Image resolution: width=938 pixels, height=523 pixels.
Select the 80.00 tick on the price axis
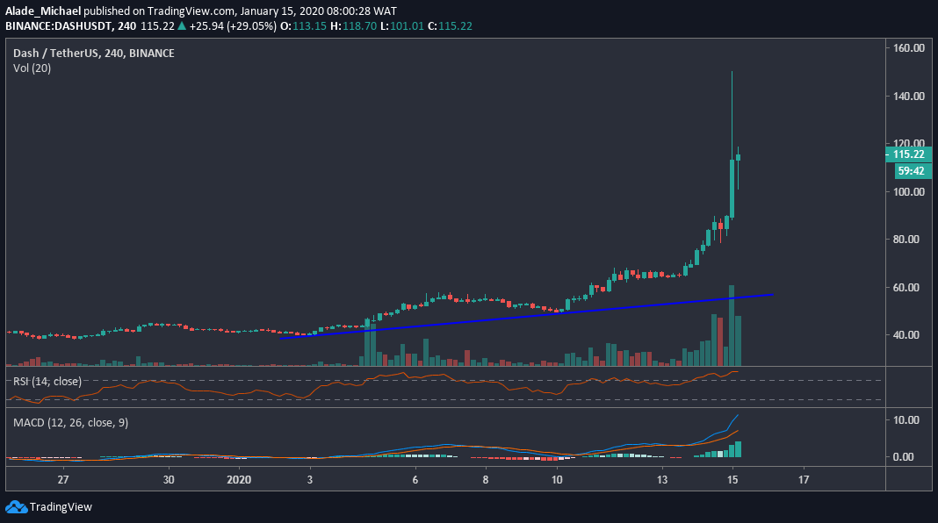pyautogui.click(x=911, y=239)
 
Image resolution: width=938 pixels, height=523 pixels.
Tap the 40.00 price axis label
pyautogui.click(x=911, y=334)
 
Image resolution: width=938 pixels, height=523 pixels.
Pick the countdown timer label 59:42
pyautogui.click(x=909, y=170)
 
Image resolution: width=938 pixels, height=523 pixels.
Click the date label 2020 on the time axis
pyautogui.click(x=239, y=480)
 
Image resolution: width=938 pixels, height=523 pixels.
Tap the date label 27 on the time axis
pyautogui.click(x=63, y=480)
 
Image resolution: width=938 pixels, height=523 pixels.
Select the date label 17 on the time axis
pyautogui.click(x=803, y=480)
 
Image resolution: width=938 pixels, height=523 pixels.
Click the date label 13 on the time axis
pyautogui.click(x=662, y=480)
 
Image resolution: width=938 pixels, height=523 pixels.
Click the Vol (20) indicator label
pyautogui.click(x=32, y=68)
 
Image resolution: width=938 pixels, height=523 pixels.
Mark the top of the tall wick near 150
pyautogui.click(x=732, y=72)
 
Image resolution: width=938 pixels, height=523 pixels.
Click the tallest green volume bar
pyautogui.click(x=731, y=326)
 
